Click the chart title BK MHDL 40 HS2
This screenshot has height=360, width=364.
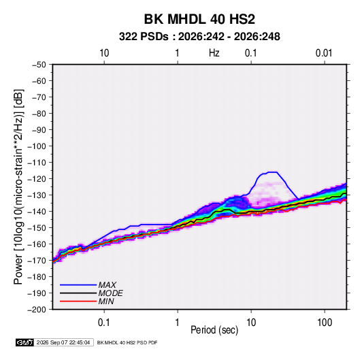point(199,19)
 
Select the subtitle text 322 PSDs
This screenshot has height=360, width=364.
point(144,37)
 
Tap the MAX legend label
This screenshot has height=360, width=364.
point(107,284)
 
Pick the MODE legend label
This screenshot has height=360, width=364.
point(110,293)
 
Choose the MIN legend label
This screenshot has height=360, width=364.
point(106,301)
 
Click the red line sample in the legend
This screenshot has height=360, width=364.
point(78,301)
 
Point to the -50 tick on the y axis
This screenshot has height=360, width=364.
point(39,65)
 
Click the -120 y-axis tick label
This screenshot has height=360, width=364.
point(37,179)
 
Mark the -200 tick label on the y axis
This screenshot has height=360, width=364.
point(37,310)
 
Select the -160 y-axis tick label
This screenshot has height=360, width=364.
point(37,244)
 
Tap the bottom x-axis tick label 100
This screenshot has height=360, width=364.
point(325,323)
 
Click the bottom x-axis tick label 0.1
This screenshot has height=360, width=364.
point(104,323)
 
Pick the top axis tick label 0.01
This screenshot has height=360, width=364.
point(324,53)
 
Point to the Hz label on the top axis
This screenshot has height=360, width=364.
point(214,53)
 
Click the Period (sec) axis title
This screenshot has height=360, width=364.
point(214,330)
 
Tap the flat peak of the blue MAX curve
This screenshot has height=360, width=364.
point(272,172)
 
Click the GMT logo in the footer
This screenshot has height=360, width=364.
point(24,342)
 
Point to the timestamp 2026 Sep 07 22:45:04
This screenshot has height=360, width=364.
point(63,342)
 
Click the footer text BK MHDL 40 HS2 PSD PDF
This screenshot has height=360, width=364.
point(127,342)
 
